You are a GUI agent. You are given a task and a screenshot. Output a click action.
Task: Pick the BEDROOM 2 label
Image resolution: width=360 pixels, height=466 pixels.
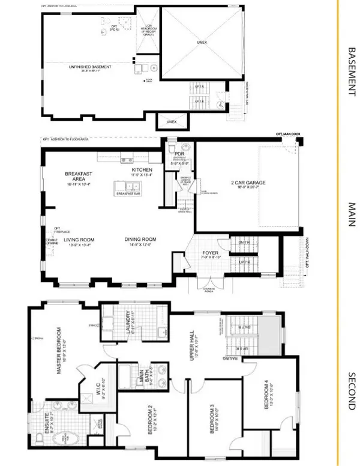[x=135, y=420]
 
